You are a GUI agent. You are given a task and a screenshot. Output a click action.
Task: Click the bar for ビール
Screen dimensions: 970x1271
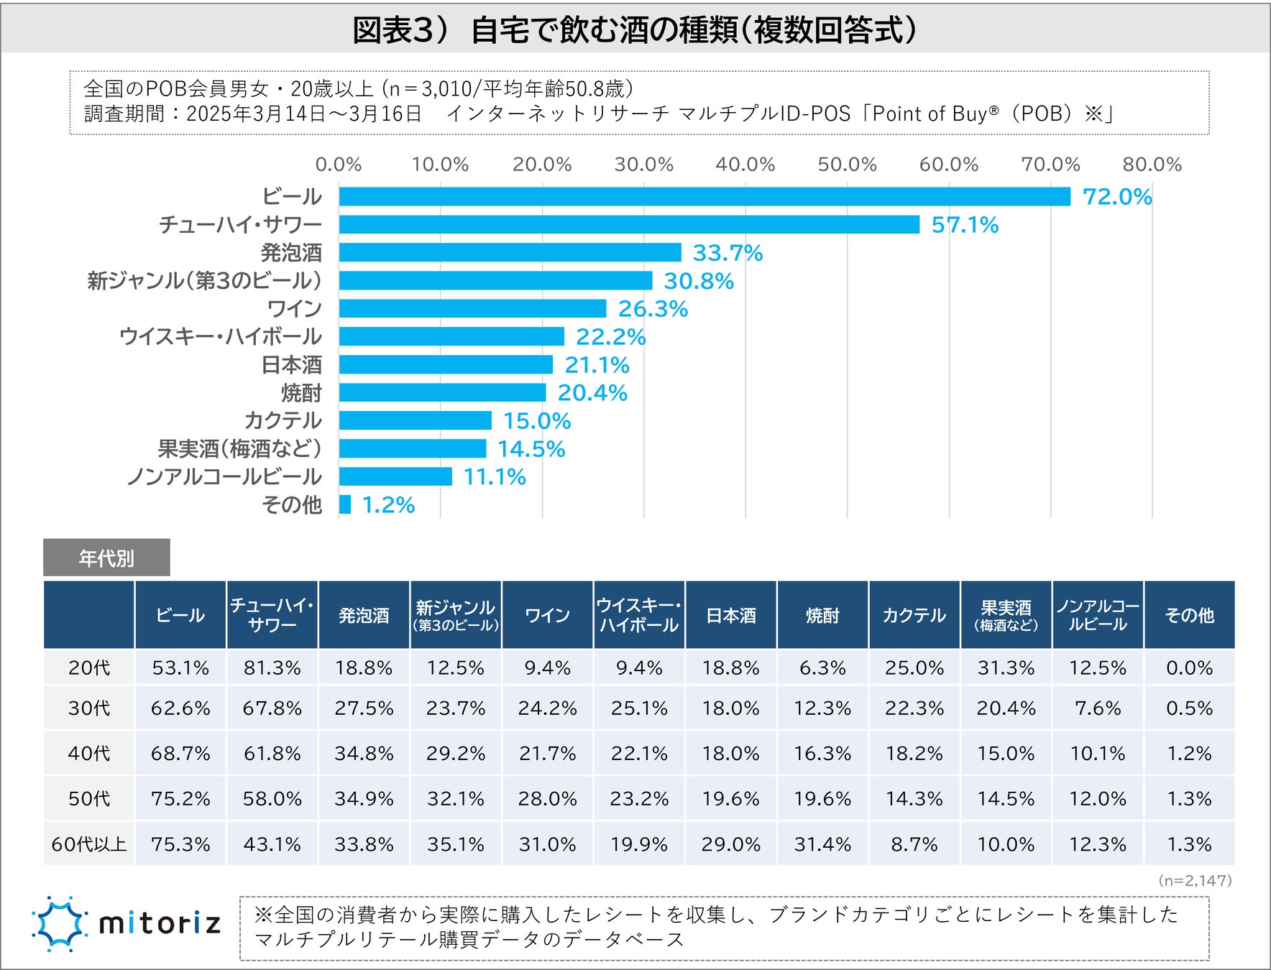pos(705,196)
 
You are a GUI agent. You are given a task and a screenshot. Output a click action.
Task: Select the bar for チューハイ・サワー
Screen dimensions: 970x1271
pos(629,224)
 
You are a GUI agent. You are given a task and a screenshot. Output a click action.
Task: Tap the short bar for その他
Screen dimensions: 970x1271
pos(345,504)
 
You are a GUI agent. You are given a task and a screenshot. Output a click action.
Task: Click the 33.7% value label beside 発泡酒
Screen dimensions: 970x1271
pos(727,253)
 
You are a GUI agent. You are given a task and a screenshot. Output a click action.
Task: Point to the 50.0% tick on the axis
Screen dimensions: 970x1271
pos(847,165)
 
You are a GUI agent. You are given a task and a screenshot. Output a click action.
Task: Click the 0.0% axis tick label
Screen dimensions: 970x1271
pos(339,165)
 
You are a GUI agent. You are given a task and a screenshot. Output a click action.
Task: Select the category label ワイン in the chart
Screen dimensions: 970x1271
pos(294,308)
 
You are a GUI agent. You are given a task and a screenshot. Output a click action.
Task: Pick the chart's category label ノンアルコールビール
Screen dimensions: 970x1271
pos(224,476)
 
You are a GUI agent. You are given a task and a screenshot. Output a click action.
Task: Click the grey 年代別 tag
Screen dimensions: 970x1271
pos(106,558)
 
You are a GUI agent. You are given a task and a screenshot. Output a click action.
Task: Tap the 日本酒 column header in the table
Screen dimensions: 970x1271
pos(730,615)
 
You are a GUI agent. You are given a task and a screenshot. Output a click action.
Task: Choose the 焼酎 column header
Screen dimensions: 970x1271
pos(822,615)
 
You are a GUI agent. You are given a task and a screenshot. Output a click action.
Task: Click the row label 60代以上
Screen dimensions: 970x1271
pos(89,844)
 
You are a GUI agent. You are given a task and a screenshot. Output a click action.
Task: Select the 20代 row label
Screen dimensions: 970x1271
pos(89,668)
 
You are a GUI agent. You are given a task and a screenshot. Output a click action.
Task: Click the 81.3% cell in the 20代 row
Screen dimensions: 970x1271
pos(272,668)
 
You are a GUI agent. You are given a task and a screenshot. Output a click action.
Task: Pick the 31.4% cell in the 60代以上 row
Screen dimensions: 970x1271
pos(822,844)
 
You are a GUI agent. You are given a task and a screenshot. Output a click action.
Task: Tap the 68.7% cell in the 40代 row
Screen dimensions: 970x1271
pos(180,753)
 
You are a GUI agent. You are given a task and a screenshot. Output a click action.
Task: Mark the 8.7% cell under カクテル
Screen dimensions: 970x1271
pos(914,844)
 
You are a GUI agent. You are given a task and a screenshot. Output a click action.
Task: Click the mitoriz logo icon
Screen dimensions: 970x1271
pos(59,923)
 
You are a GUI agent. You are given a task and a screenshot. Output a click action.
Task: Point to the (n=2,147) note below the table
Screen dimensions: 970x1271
pos(1195,880)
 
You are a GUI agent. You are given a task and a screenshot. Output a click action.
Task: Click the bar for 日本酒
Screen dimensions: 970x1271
pos(446,364)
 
